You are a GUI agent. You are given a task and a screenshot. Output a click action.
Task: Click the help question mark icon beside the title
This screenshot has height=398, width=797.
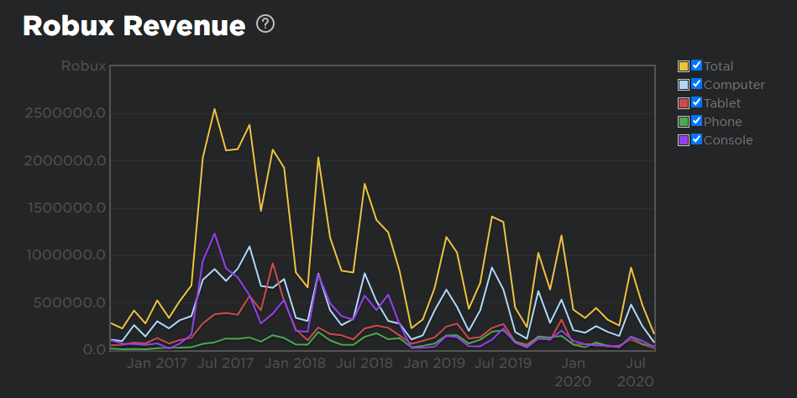[266, 24]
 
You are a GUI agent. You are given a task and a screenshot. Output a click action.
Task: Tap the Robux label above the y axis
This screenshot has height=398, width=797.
[83, 65]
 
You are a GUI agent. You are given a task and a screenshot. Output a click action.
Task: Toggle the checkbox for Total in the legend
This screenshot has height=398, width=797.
[696, 65]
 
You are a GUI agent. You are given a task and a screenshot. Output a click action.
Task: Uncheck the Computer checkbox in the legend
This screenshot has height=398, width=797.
[696, 84]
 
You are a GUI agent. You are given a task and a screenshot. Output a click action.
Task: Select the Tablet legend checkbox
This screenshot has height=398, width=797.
[696, 102]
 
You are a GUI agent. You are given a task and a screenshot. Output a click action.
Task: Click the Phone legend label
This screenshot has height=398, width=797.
[722, 122]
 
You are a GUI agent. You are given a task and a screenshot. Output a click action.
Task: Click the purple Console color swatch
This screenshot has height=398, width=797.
[684, 140]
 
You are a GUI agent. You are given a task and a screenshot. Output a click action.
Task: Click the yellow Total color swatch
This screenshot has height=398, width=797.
[684, 66]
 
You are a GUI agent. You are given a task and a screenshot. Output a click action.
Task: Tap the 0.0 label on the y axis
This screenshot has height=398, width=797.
[92, 350]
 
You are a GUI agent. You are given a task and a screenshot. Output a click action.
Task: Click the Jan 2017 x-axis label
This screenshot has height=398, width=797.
[157, 364]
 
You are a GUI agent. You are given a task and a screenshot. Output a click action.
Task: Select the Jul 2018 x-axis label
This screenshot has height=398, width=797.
[364, 364]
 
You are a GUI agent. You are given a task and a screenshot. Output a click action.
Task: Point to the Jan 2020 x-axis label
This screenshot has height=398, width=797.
[573, 371]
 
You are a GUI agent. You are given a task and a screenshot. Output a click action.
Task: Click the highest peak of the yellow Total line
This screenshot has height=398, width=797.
[214, 108]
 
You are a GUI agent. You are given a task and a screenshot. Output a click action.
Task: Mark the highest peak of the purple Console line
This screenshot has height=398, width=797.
[215, 233]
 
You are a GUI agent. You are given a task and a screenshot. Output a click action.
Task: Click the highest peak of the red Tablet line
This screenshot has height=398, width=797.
[273, 264]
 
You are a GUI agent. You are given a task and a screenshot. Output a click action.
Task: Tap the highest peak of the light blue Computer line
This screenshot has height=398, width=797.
[249, 247]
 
